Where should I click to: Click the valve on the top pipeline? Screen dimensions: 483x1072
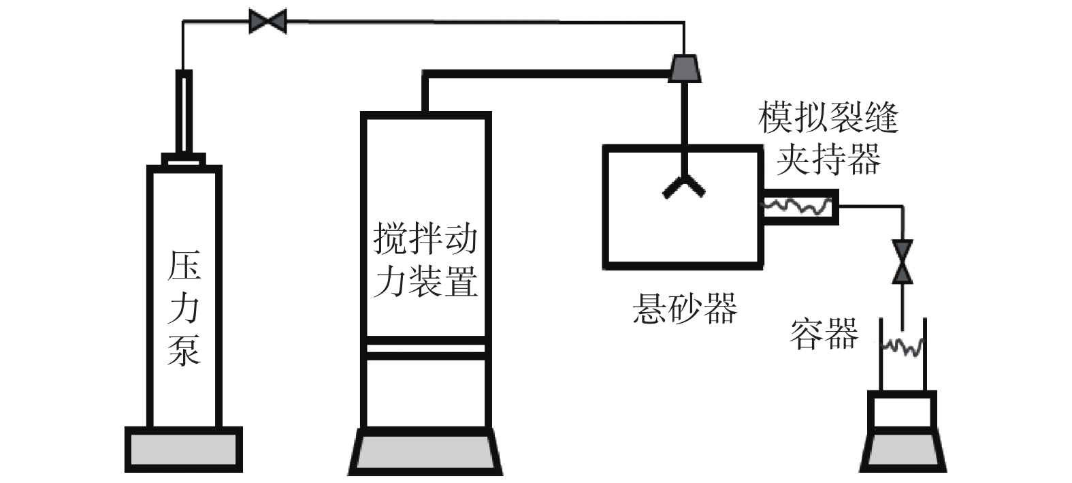coord(267,21)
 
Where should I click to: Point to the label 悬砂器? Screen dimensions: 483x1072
coord(684,308)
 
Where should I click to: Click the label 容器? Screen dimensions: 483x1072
coord(823,334)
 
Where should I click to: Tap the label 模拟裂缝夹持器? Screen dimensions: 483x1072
coord(828,138)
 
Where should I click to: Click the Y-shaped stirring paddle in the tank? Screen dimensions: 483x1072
coord(684,185)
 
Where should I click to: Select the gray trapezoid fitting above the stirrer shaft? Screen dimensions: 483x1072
coord(684,67)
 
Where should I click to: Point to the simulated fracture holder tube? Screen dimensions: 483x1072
coord(798,205)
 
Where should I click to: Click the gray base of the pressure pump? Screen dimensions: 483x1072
coord(184,450)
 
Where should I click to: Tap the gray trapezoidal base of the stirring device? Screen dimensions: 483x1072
coord(425,453)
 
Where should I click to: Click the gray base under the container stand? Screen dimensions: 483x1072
coord(903,453)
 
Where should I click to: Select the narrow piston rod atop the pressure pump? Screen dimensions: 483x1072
coord(184,112)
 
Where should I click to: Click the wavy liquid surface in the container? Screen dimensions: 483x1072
coord(903,347)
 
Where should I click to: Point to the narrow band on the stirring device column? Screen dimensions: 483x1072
coord(425,349)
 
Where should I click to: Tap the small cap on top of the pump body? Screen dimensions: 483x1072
coord(184,159)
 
